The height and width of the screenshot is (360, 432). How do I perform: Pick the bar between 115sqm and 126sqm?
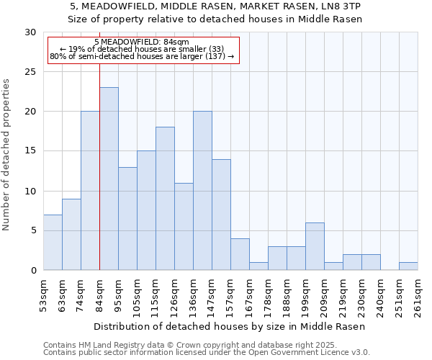pos(165,199)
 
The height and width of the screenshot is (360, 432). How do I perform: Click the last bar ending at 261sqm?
pos(408,266)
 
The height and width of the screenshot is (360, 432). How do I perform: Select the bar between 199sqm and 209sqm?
pos(315,246)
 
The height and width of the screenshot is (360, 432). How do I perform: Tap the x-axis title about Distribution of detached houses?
pos(230,326)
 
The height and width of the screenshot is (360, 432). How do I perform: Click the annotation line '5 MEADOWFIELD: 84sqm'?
pos(141,42)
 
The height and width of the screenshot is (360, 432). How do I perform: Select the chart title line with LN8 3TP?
pos(215,6)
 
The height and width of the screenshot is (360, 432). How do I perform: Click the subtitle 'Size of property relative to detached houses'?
pos(215,19)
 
